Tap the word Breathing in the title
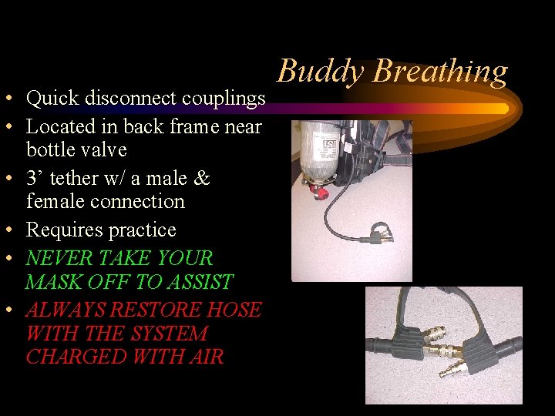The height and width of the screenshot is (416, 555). pyautogui.click(x=440, y=72)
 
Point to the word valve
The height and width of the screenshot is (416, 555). pyautogui.click(x=104, y=149)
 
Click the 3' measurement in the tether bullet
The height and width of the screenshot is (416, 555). pyautogui.click(x=35, y=178)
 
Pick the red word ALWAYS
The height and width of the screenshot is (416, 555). pyautogui.click(x=66, y=310)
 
